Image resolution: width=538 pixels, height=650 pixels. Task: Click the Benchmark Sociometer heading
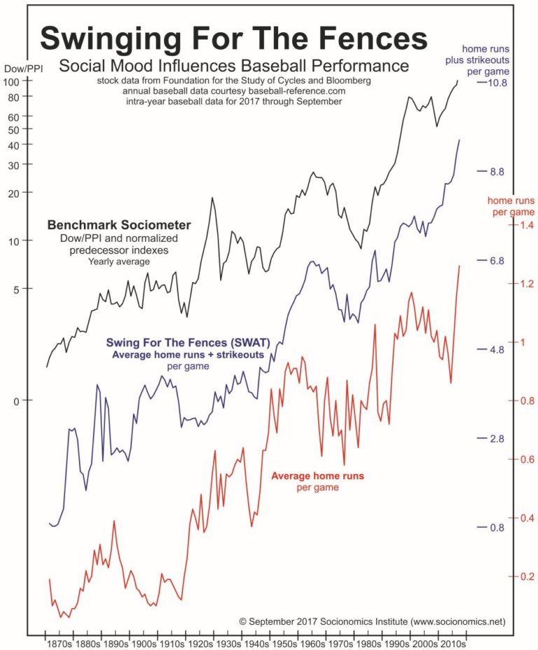118,226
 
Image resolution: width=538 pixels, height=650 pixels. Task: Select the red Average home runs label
322,475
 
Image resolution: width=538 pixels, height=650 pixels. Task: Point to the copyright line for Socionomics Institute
371,621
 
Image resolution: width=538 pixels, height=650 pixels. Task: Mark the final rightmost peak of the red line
460,266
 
